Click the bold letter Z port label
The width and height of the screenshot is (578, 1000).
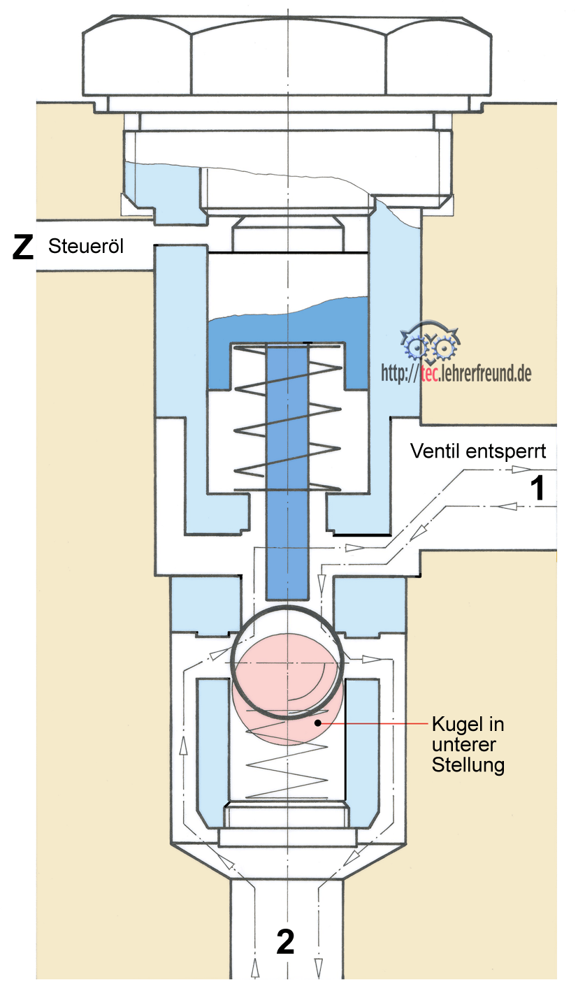23,248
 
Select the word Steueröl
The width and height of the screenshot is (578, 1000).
86,247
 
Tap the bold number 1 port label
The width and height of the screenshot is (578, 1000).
537,488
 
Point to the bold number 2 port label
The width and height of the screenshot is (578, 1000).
285,943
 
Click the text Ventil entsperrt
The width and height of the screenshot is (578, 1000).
478,451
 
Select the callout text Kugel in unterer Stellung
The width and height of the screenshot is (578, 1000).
468,744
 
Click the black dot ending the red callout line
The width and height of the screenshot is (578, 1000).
319,723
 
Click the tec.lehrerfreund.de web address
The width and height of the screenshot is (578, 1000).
456,374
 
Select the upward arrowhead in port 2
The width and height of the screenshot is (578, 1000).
254,969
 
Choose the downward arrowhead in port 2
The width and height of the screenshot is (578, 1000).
319,969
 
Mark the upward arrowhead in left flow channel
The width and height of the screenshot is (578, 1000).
184,747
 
